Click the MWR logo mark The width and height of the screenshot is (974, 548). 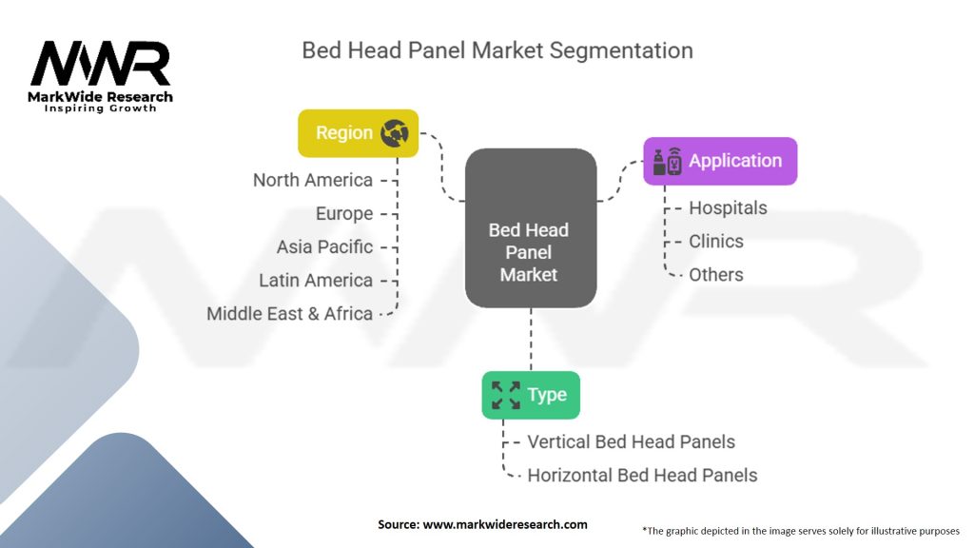coord(100,63)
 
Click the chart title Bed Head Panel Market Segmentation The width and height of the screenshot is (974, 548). coord(497,50)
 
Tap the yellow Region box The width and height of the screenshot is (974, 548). coord(359,133)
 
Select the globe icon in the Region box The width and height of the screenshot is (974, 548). coord(395,133)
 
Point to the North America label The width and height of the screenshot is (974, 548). coord(312,180)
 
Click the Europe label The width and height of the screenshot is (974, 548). coord(344,214)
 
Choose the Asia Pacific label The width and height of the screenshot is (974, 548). coord(325,246)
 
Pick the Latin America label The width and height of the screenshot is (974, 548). coord(316,281)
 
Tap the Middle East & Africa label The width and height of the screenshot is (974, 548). coord(289,314)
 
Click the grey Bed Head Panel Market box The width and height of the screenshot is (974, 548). coord(531,228)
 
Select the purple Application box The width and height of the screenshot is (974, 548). coord(720,161)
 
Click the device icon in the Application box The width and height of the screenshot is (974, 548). coord(667,162)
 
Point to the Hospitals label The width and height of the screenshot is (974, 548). coord(728,208)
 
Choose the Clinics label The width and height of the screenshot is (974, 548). coord(716,241)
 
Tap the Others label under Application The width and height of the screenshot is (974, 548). coord(716,275)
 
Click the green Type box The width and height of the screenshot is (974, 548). coord(531,395)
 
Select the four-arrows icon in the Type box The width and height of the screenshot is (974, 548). coord(506,395)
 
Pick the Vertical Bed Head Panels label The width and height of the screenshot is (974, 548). coord(632,441)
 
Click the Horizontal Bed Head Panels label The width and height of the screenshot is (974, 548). coord(642,476)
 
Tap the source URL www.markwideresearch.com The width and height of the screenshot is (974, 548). coord(505,524)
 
